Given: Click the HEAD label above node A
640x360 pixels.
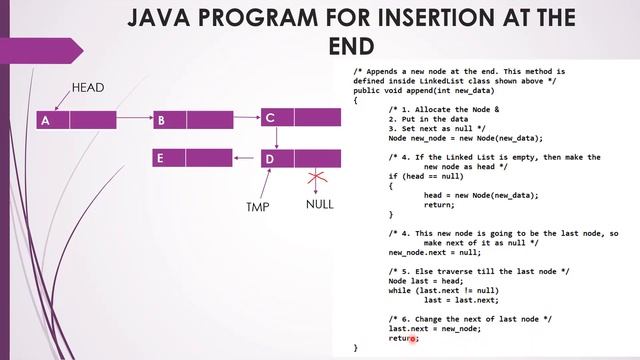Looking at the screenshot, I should pos(88,89).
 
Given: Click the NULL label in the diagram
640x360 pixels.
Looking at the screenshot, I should pos(319,206).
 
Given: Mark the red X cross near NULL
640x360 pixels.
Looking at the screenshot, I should pos(318,177).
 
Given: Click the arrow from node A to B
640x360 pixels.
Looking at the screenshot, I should pos(135,121).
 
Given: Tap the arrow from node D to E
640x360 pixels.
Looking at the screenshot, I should pos(246,158).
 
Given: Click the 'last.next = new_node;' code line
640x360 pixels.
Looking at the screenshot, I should pos(435,328).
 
